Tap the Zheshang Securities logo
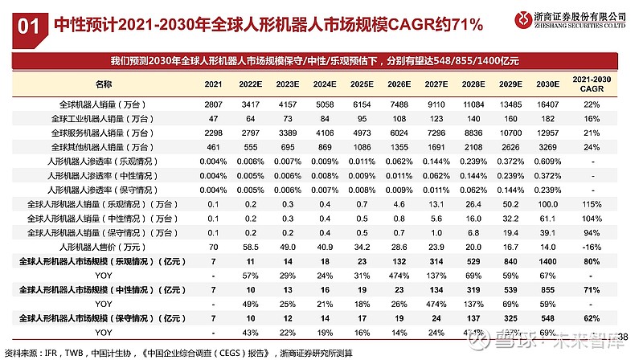tap(520, 18)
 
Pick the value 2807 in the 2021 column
tap(213, 104)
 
